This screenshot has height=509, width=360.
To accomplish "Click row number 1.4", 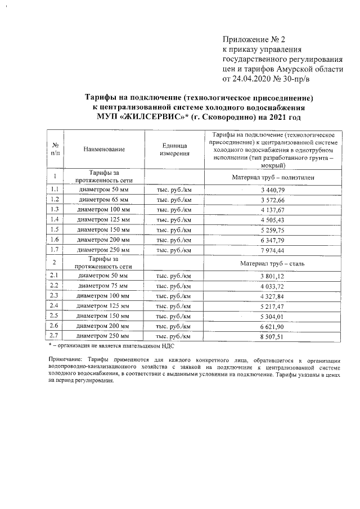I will (55, 219).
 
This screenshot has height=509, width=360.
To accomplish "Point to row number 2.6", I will (55, 326).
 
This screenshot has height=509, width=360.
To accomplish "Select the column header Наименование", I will (104, 150).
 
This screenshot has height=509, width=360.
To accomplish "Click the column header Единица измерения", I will (174, 150).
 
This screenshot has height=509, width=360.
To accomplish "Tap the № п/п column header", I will (55, 149).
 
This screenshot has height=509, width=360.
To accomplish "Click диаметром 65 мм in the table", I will (104, 200).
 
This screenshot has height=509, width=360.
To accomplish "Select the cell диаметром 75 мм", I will (104, 286).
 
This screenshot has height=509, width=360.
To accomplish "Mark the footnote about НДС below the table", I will (111, 345).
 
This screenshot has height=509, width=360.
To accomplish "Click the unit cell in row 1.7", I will (174, 249).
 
